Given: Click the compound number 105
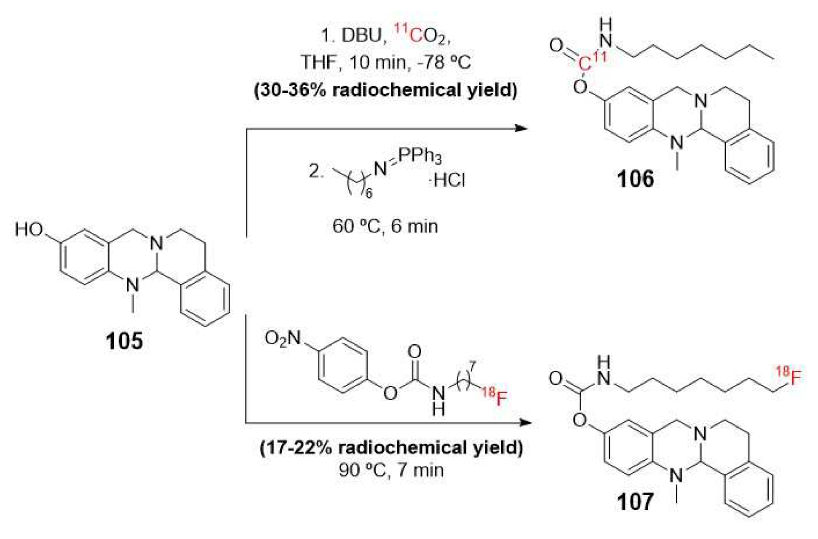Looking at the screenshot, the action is point(124,341).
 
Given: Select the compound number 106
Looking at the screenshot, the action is point(636,179).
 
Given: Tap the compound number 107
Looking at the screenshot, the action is point(636,501).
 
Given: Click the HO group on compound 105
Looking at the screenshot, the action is point(29,230).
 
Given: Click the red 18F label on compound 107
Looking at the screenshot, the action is point(789,376).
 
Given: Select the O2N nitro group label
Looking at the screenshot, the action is point(283,338).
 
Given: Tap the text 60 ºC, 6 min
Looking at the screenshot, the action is point(385,227).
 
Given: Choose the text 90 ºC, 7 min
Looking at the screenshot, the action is point(391,469).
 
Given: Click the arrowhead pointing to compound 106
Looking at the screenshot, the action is point(522,128).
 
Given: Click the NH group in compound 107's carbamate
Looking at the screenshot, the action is point(604,371).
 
